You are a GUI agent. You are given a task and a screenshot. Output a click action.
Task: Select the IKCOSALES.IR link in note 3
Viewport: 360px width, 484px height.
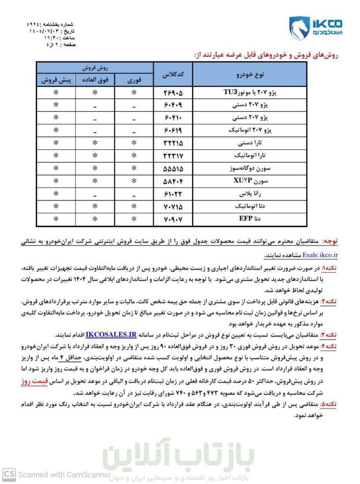[111, 335]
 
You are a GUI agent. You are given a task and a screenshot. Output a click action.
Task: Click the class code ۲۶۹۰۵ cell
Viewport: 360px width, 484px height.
[172, 92]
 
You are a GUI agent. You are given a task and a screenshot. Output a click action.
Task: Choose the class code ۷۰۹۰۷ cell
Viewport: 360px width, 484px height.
[172, 218]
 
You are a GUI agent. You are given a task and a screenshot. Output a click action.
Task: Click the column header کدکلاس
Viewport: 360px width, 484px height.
[172, 74]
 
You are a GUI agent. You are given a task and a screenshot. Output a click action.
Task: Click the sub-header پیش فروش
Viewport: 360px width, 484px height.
[56, 80]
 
